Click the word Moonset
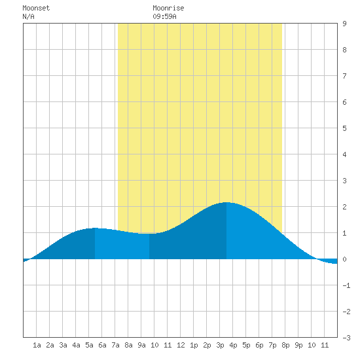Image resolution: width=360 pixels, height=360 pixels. (x=36, y=9)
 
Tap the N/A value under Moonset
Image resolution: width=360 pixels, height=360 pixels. (x=28, y=16)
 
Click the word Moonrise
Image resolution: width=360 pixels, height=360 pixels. (x=168, y=9)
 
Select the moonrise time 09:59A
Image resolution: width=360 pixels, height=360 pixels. (x=164, y=16)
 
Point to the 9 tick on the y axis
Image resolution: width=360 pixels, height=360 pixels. (x=344, y=24)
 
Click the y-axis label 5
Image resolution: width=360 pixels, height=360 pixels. (x=344, y=128)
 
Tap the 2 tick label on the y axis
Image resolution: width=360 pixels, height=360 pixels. (x=344, y=207)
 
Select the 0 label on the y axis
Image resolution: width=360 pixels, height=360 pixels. (x=344, y=259)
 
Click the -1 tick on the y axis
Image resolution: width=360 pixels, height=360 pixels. (x=346, y=285)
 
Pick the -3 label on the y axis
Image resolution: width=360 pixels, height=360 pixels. (x=346, y=338)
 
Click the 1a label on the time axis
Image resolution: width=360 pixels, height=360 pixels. (x=37, y=345)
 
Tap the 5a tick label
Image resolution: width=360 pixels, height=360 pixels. (x=89, y=345)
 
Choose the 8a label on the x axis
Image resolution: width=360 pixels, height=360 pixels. (x=128, y=345)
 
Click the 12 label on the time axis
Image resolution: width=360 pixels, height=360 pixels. (x=181, y=345)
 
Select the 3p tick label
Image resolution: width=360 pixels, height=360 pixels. (x=220, y=345)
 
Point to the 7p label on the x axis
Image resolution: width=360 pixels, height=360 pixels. (x=272, y=345)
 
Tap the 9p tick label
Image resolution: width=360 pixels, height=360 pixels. (x=298, y=345)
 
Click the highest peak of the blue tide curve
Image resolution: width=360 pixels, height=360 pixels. (x=226, y=202)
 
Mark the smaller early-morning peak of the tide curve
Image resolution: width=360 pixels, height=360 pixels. (x=95, y=228)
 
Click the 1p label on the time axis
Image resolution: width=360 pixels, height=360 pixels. (x=194, y=345)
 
